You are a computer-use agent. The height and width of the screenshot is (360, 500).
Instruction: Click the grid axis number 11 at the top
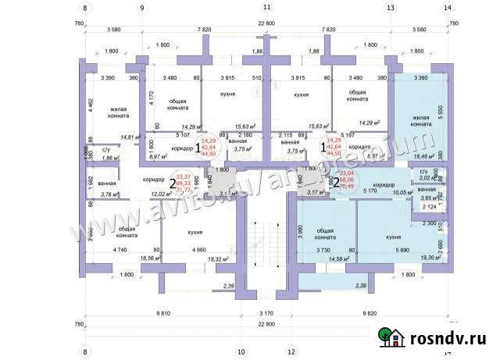tap(266, 8)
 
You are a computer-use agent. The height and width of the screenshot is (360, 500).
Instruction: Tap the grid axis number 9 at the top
tap(142, 8)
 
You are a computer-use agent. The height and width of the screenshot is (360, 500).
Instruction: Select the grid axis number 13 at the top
tap(390, 8)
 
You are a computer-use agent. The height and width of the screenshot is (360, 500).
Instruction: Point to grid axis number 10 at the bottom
tap(241, 350)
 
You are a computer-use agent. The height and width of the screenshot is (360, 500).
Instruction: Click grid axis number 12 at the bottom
tap(291, 350)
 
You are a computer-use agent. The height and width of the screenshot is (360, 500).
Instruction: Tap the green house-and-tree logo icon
tap(393, 337)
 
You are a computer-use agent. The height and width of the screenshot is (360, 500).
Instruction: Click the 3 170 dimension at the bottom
tap(266, 313)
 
